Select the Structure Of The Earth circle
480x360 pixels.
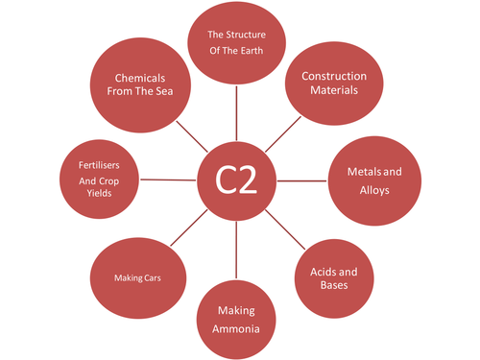236,43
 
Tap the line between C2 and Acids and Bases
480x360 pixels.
285,230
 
